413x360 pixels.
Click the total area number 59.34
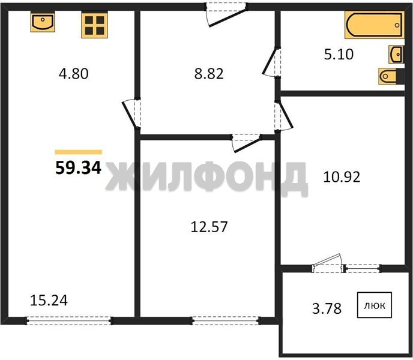78,168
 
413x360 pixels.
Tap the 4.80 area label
73,74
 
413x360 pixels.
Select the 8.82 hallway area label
209,74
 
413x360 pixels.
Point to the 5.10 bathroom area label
339,55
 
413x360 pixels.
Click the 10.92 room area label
342,177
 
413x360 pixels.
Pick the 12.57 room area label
209,227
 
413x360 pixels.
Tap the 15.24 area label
49,301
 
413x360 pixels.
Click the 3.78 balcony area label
327,308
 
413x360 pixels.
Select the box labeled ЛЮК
375,305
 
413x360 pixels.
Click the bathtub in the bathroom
375,25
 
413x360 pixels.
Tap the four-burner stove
95,25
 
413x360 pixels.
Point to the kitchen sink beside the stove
43,22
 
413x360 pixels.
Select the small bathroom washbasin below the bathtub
396,54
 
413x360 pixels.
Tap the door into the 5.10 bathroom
271,62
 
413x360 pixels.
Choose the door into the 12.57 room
247,143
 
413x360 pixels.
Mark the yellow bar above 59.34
78,152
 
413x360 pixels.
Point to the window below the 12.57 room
226,320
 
